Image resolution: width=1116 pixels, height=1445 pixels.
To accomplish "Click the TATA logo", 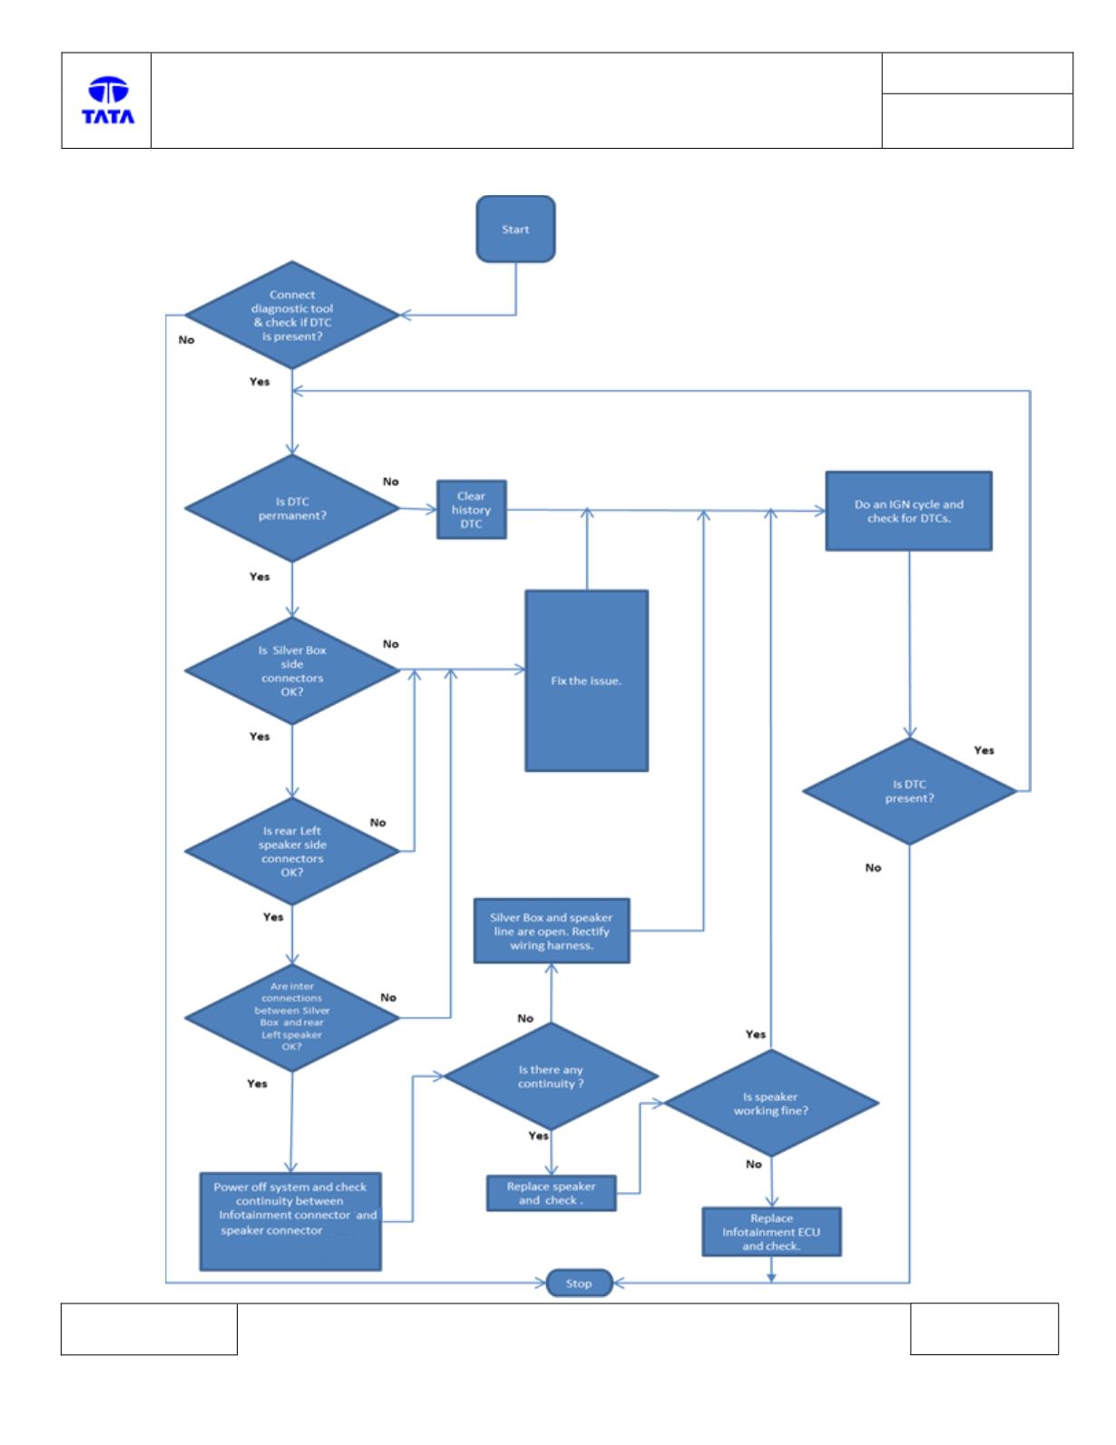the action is pos(108,100).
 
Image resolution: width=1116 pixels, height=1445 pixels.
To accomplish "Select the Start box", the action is pos(515,229).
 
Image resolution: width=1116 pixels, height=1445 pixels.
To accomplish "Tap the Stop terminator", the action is pos(579,1283).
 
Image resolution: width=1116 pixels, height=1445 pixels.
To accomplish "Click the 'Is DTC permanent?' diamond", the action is pos(292,509).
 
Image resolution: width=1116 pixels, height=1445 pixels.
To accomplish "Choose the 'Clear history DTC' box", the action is pos(471,510).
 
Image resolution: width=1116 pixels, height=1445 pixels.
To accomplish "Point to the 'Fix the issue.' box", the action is pos(587,680).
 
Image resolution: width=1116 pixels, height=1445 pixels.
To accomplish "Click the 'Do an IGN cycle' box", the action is pos(908,511).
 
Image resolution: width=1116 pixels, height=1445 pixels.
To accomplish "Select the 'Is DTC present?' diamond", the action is pos(909,791).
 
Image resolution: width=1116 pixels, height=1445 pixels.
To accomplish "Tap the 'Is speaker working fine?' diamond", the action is pos(771,1103).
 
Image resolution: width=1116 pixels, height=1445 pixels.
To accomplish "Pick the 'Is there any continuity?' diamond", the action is pos(551,1076).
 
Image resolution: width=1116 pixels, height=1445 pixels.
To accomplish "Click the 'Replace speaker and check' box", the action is pos(551,1193).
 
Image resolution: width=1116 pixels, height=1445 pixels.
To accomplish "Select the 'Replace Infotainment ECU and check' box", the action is pos(771,1232).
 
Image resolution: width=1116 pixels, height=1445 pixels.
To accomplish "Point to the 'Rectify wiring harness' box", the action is pos(552,931).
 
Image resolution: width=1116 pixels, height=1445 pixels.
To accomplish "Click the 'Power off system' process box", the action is pos(290,1222).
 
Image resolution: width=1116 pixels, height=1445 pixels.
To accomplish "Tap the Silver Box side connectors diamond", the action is pos(292,670).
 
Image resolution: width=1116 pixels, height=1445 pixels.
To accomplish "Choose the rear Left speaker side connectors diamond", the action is pos(292,851).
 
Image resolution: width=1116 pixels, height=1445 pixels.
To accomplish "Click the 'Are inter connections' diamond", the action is pos(292,1018).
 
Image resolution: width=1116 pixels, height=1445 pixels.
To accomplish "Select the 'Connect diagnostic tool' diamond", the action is pos(292,315).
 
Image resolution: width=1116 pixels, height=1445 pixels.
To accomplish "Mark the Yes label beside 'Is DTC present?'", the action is pos(984,750).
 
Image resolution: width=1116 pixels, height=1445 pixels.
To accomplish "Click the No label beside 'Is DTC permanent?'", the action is pos(390,482).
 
